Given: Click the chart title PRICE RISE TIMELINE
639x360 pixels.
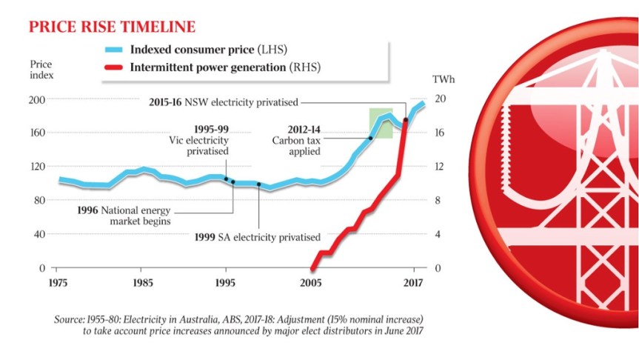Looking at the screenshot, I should click(x=112, y=27).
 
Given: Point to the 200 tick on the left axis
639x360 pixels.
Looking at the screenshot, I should click(x=36, y=99).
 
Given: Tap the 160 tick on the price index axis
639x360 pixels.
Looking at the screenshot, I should click(x=36, y=133).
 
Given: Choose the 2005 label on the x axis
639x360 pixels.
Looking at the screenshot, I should click(x=312, y=282).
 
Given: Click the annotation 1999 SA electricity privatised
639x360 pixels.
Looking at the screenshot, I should click(x=257, y=237).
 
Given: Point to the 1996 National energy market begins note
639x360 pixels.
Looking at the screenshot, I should click(x=124, y=215).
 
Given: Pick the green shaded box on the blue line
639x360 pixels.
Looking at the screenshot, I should click(x=381, y=123).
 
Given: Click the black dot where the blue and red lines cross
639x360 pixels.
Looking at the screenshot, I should click(x=405, y=120).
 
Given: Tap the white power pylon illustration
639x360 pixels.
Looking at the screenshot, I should click(x=563, y=185).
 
